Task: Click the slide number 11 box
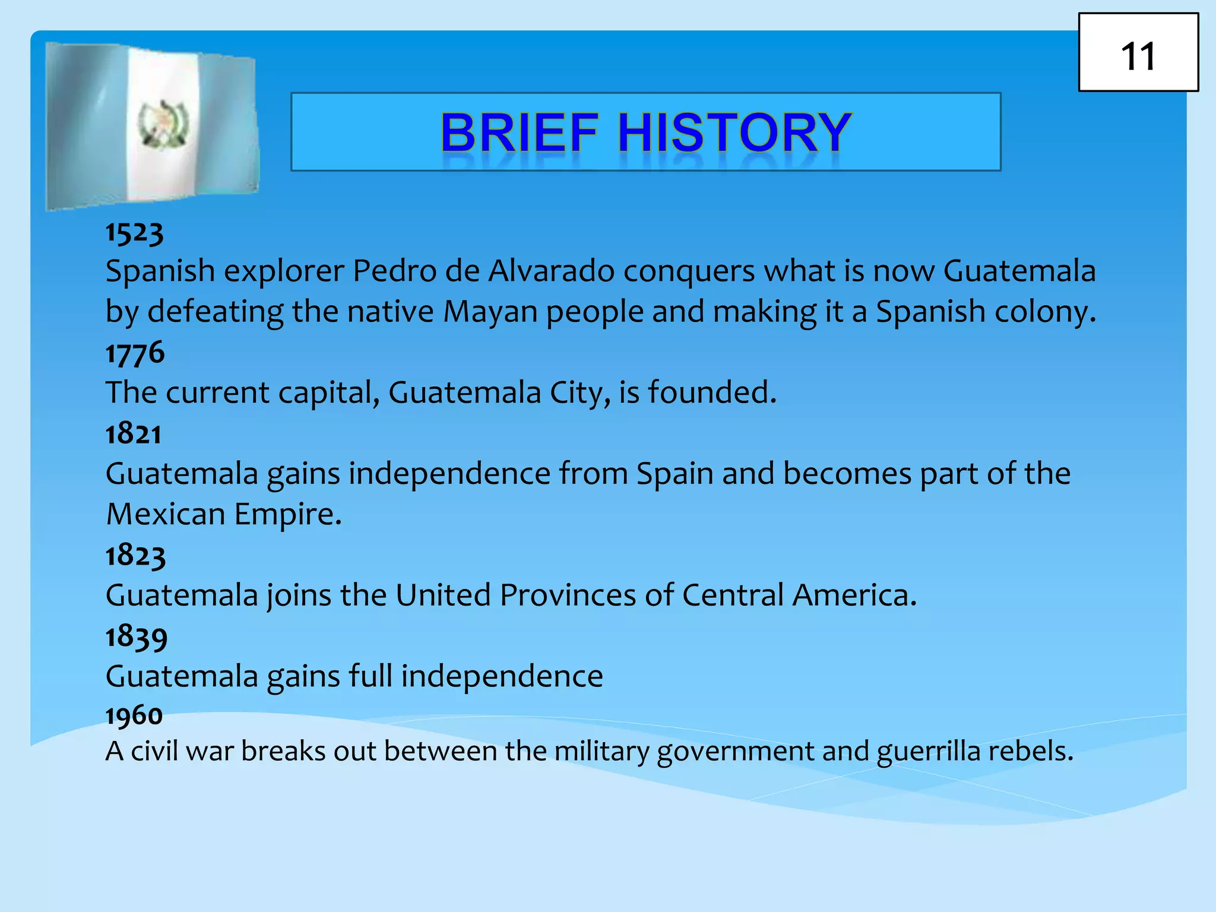1138,53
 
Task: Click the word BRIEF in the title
520,132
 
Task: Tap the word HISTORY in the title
735,132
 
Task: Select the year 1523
134,232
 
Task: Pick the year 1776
135,353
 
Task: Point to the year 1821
134,434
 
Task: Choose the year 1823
135,556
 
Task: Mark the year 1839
137,636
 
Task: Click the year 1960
134,715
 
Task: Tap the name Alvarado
552,271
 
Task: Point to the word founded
712,392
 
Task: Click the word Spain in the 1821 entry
675,474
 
